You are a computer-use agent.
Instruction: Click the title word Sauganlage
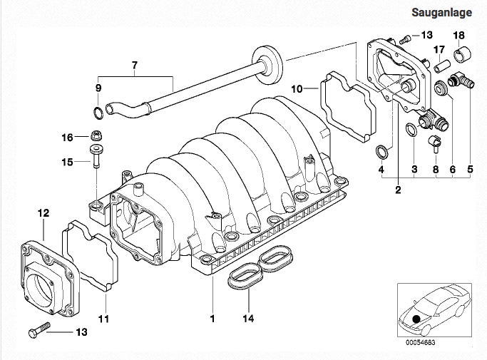click(x=441, y=12)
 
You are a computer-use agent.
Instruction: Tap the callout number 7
click(x=135, y=66)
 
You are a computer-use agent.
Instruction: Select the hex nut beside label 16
click(x=96, y=135)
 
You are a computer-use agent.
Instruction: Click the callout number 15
click(x=68, y=162)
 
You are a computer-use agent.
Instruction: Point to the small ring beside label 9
click(x=98, y=113)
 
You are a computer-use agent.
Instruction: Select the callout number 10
click(x=297, y=89)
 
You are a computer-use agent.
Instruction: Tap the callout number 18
click(x=458, y=36)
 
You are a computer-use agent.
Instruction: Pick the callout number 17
click(x=439, y=49)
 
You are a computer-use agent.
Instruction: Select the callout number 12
click(x=43, y=213)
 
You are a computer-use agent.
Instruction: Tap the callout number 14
click(x=248, y=319)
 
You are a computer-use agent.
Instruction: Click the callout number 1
click(x=212, y=319)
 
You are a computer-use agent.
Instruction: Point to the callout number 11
click(x=103, y=319)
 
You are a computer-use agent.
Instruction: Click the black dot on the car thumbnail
click(x=416, y=319)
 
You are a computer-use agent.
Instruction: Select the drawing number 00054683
click(x=420, y=343)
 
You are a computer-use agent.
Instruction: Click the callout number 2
click(x=398, y=190)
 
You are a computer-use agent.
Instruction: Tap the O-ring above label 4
click(x=381, y=151)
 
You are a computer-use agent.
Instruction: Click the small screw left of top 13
click(x=404, y=39)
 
